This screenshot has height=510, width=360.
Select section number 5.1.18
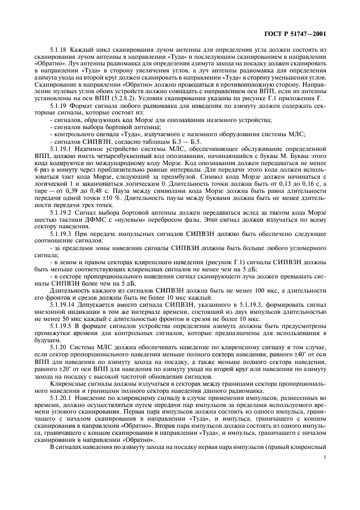[58, 48]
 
